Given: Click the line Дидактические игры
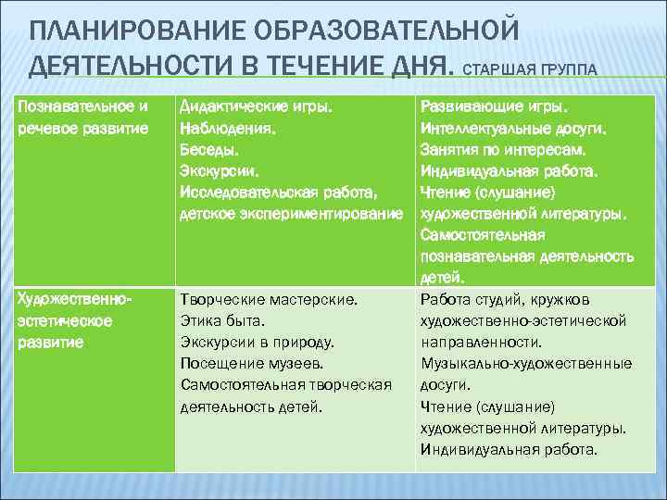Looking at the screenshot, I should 255,106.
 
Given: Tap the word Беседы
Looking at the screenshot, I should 208,149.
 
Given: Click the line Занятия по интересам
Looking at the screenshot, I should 508,149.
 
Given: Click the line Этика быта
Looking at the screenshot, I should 222,321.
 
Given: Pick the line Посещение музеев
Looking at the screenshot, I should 251,364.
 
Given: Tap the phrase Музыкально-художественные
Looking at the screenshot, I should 526,364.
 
